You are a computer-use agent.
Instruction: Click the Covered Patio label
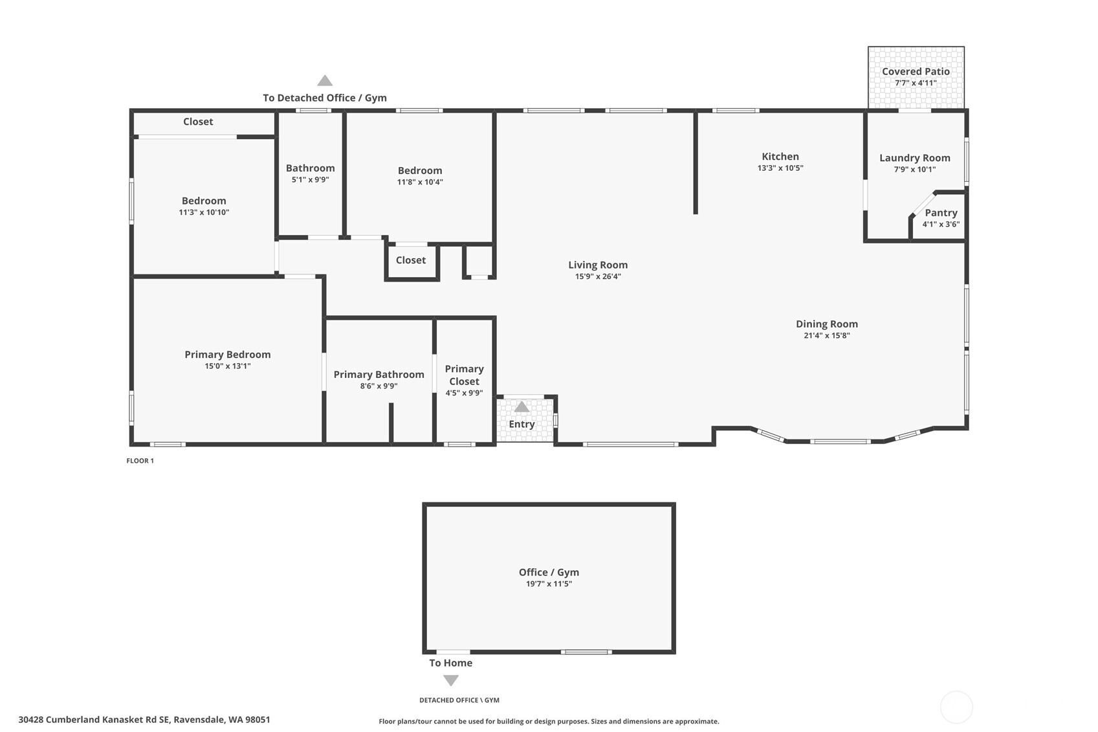[916, 72]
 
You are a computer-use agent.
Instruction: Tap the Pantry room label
[941, 213]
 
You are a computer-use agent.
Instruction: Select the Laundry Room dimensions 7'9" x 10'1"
[915, 170]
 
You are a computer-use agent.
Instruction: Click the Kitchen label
[780, 157]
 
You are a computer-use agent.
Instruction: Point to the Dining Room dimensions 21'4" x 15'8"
[826, 336]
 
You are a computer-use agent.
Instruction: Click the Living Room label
[598, 265]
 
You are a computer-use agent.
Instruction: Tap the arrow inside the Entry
[522, 406]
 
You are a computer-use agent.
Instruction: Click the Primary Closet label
[464, 375]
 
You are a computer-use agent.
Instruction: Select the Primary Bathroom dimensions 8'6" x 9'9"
[379, 386]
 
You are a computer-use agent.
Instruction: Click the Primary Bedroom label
[228, 355]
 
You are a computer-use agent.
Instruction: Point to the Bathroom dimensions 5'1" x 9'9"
[310, 180]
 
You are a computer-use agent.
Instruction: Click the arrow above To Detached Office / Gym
[325, 80]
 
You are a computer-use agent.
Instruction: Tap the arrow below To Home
[450, 680]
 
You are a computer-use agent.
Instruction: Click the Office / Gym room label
[549, 572]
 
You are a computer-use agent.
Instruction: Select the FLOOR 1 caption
[140, 461]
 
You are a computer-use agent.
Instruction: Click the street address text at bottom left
[144, 720]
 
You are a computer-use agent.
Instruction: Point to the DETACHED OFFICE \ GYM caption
[459, 700]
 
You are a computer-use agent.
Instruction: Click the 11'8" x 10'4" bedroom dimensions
[419, 183]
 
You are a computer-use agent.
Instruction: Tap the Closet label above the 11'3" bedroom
[198, 122]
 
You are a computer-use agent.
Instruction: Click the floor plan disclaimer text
[549, 721]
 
